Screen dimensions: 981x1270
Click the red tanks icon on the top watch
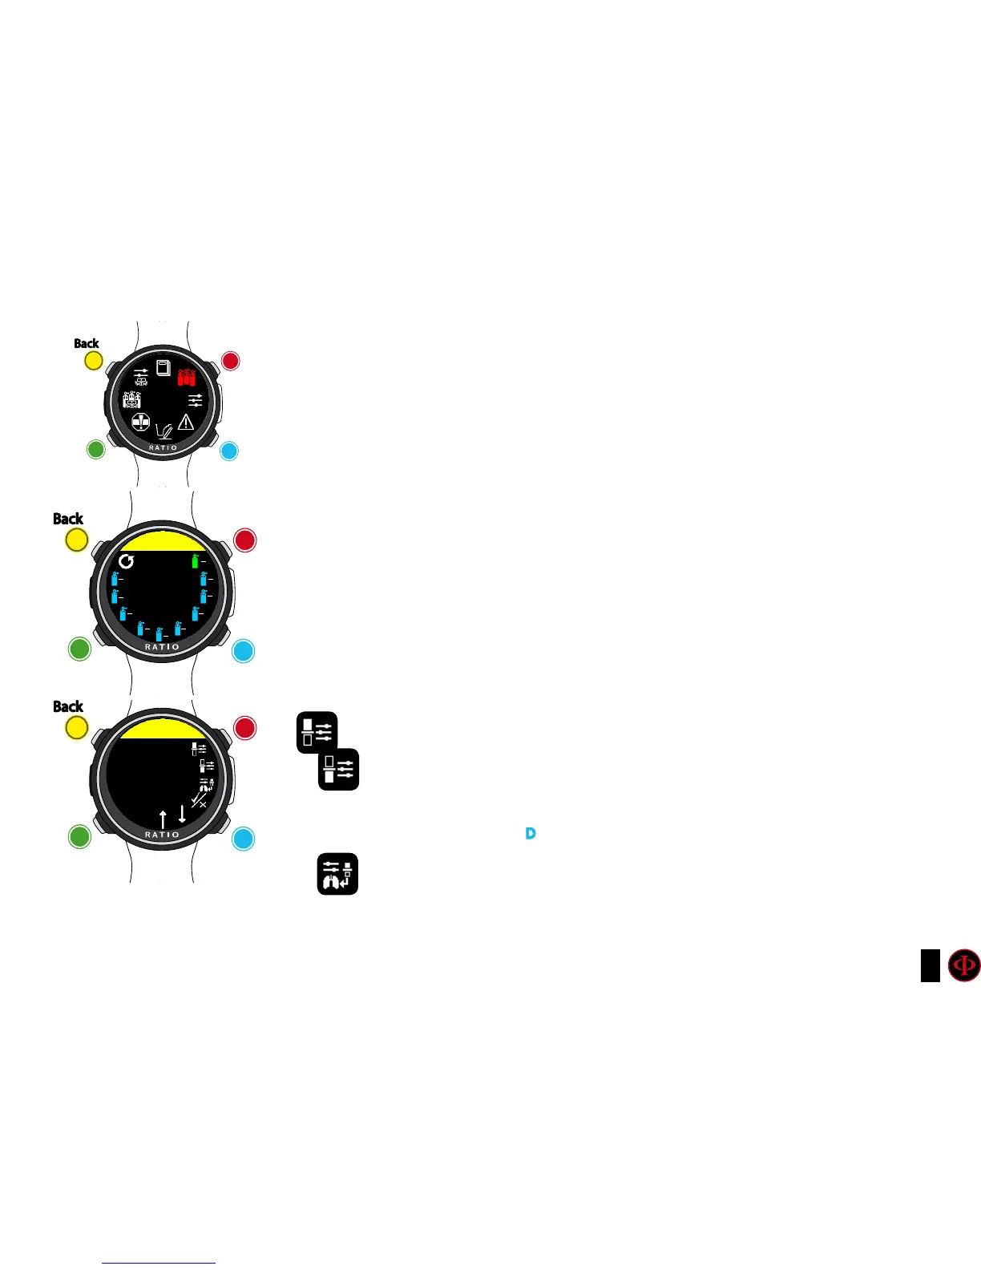coord(186,376)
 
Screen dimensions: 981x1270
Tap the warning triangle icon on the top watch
coord(186,421)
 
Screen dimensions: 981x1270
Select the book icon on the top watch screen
coord(163,368)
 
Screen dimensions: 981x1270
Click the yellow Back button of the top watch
coord(94,361)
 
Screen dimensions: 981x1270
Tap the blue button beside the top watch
coord(228,451)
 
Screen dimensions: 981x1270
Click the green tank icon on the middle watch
coord(195,560)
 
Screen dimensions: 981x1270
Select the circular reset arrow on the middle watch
coord(127,560)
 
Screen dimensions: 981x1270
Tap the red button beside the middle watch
coord(244,540)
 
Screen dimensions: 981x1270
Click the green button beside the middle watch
coord(79,649)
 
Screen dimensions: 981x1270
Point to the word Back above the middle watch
coord(68,519)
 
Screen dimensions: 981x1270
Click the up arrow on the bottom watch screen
coord(163,819)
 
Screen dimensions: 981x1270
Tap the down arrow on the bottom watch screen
coord(182,814)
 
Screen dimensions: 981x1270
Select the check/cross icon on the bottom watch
coord(200,800)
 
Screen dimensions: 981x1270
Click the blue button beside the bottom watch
coord(243,839)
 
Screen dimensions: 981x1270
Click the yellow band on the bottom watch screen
coord(163,728)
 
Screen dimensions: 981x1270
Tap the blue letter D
coord(530,834)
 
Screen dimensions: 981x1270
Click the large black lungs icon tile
coord(337,874)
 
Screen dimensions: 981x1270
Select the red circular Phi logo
coord(964,965)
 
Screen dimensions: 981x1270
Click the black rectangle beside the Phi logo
coord(930,965)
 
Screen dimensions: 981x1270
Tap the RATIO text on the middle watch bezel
coord(162,647)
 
